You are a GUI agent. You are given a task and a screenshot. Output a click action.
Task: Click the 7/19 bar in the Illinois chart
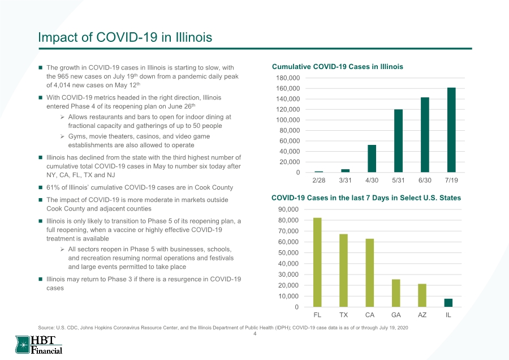pos(451,130)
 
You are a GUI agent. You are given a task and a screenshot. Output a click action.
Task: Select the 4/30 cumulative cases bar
pos(372,158)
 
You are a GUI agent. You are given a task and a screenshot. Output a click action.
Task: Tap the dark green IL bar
pos(448,303)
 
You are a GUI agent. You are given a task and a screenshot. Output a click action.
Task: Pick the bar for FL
pos(317,263)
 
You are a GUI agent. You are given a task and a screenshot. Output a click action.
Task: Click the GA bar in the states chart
pos(396,293)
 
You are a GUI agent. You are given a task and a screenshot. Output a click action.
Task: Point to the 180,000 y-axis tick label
pos(288,78)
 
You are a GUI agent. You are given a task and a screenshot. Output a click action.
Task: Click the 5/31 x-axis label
pos(398,181)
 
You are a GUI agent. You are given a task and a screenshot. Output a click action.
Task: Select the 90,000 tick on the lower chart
pos(288,209)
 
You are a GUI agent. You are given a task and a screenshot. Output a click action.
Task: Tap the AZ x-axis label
pos(422,315)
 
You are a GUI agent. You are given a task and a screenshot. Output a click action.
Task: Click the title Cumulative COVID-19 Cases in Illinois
pos(338,67)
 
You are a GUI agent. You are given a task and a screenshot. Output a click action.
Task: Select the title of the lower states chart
pos(366,198)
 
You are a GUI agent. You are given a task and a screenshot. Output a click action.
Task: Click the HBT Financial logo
pos(38,345)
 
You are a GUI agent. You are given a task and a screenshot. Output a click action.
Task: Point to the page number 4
pos(255,334)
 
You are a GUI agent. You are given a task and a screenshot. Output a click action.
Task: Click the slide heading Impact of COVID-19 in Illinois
pos(125,37)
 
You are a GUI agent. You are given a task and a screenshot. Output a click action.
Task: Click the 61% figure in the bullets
pos(52,187)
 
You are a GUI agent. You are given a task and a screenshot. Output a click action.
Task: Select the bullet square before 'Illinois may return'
pos(41,279)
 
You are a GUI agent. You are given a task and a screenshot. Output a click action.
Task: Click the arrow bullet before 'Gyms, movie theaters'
pos(62,136)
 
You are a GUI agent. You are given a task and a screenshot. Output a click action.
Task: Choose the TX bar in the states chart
pos(343,271)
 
